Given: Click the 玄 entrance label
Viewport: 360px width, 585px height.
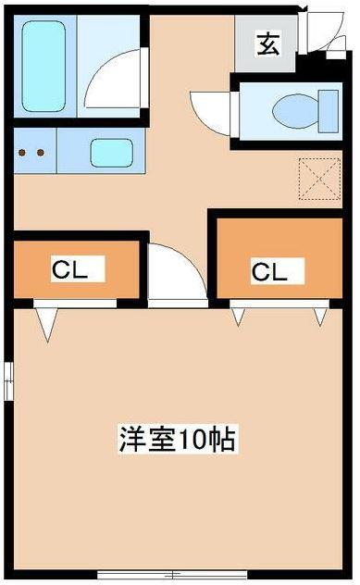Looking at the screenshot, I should (267, 44).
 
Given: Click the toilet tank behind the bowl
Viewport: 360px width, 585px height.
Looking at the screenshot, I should (327, 109).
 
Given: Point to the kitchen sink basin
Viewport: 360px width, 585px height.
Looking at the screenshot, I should (110, 151).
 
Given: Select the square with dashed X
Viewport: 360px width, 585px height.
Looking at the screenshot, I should (319, 178).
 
